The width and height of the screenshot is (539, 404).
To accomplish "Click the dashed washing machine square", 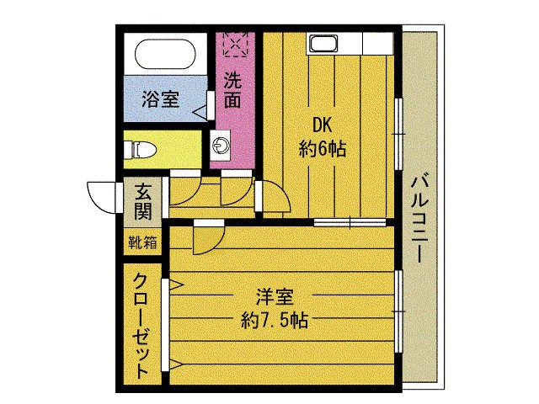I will (x=233, y=43).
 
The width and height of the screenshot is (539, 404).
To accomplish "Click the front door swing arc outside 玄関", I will (x=102, y=199).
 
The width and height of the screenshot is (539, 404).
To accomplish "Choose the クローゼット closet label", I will (x=141, y=324).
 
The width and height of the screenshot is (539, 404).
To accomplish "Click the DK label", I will (x=323, y=125).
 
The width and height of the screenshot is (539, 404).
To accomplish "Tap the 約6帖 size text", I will (x=323, y=149).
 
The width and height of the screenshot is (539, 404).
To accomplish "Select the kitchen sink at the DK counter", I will (x=323, y=44).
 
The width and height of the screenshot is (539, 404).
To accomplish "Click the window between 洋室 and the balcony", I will (x=398, y=311).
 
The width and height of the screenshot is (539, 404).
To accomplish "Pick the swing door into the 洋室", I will (x=205, y=239).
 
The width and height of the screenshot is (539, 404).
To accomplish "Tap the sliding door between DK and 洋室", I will (x=350, y=222).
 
